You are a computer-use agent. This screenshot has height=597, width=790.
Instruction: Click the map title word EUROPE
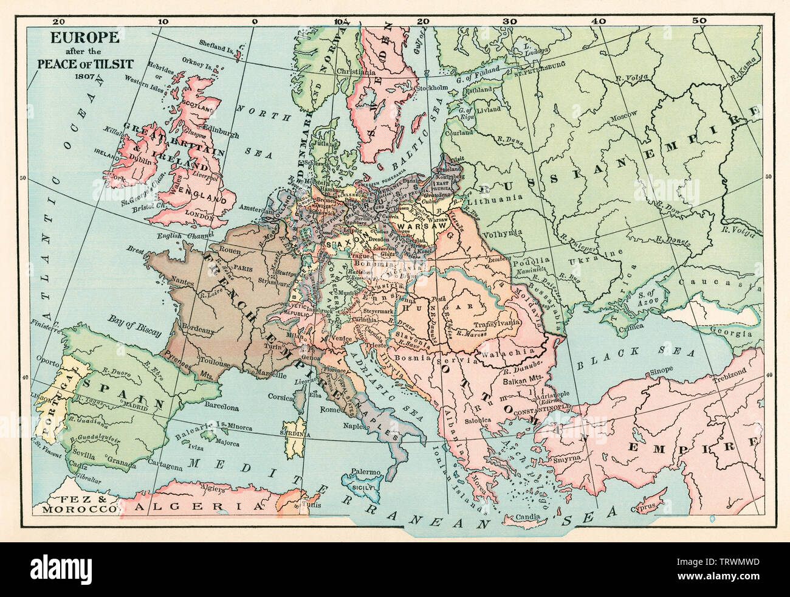(76, 37)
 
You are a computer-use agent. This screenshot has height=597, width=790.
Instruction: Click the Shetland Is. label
(218, 43)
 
